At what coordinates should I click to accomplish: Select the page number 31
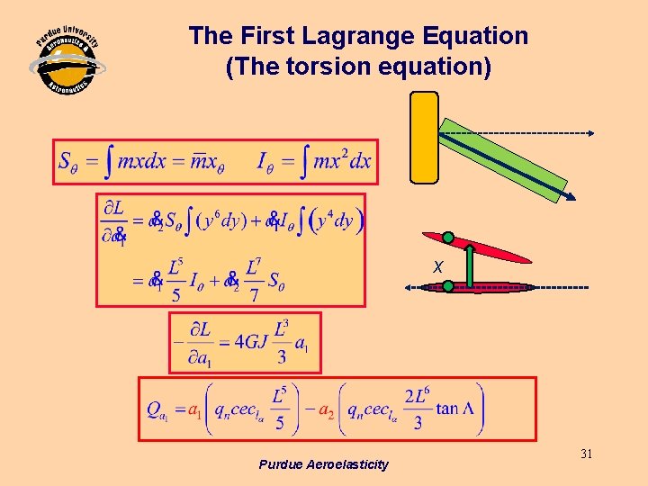pyautogui.click(x=586, y=454)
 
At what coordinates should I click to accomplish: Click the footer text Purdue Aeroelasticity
pyautogui.click(x=323, y=464)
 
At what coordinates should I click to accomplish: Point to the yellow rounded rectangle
pyautogui.click(x=424, y=137)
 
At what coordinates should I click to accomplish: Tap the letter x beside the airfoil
pyautogui.click(x=437, y=267)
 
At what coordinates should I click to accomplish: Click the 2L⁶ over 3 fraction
pyautogui.click(x=416, y=409)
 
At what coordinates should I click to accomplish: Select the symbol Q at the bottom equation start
pyautogui.click(x=155, y=410)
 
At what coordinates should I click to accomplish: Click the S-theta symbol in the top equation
pyautogui.click(x=69, y=162)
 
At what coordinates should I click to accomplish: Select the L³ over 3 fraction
pyautogui.click(x=283, y=343)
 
